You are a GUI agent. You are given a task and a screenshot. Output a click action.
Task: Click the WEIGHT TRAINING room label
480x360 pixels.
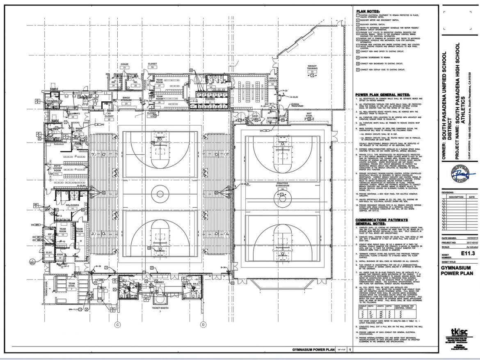coord(313,67)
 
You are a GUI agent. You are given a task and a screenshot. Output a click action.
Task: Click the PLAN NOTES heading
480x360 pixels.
coord(368,11)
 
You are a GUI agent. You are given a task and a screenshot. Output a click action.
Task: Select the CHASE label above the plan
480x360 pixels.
coord(124,64)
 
